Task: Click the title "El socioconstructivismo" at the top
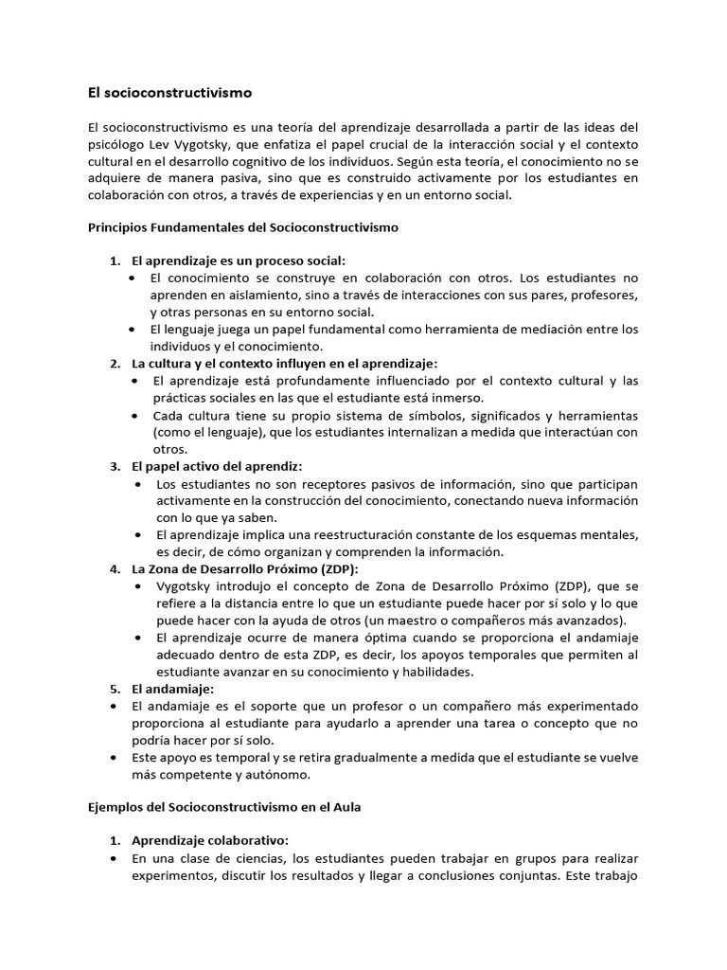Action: [x=169, y=94]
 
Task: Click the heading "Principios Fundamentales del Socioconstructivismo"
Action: [x=243, y=227]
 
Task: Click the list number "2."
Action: [x=115, y=364]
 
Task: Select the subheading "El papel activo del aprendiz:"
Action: [x=217, y=467]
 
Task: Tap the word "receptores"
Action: [x=303, y=484]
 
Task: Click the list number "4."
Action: [x=115, y=569]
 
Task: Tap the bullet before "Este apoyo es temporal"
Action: [x=115, y=758]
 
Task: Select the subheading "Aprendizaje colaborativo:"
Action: [x=210, y=841]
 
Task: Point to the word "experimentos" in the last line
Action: [x=171, y=875]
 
